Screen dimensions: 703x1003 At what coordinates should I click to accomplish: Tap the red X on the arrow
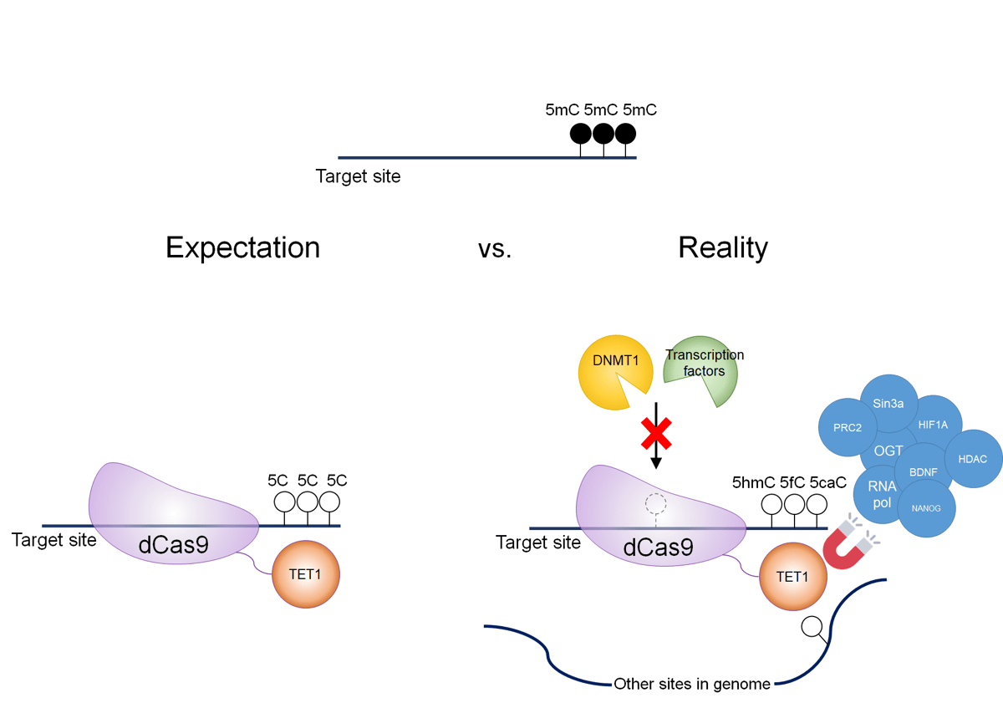pyautogui.click(x=656, y=436)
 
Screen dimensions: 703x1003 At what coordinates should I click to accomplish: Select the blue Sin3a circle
pyautogui.click(x=888, y=403)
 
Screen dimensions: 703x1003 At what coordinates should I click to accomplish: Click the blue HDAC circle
pyautogui.click(x=972, y=459)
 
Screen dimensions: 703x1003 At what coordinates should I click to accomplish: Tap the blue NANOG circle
pyautogui.click(x=926, y=507)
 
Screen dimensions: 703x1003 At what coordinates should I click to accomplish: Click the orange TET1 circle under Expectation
pyautogui.click(x=305, y=574)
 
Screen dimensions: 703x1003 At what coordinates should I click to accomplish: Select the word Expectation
pyautogui.click(x=242, y=247)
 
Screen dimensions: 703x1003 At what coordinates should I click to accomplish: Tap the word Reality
pyautogui.click(x=723, y=247)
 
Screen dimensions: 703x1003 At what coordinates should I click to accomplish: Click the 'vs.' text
pyautogui.click(x=495, y=249)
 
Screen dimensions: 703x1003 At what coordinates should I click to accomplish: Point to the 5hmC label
pyautogui.click(x=753, y=482)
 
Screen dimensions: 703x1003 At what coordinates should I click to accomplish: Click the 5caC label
pyautogui.click(x=827, y=482)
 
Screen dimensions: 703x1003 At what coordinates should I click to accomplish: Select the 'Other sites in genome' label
pyautogui.click(x=692, y=684)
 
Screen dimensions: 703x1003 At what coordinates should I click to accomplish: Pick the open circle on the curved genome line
pyautogui.click(x=811, y=626)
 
